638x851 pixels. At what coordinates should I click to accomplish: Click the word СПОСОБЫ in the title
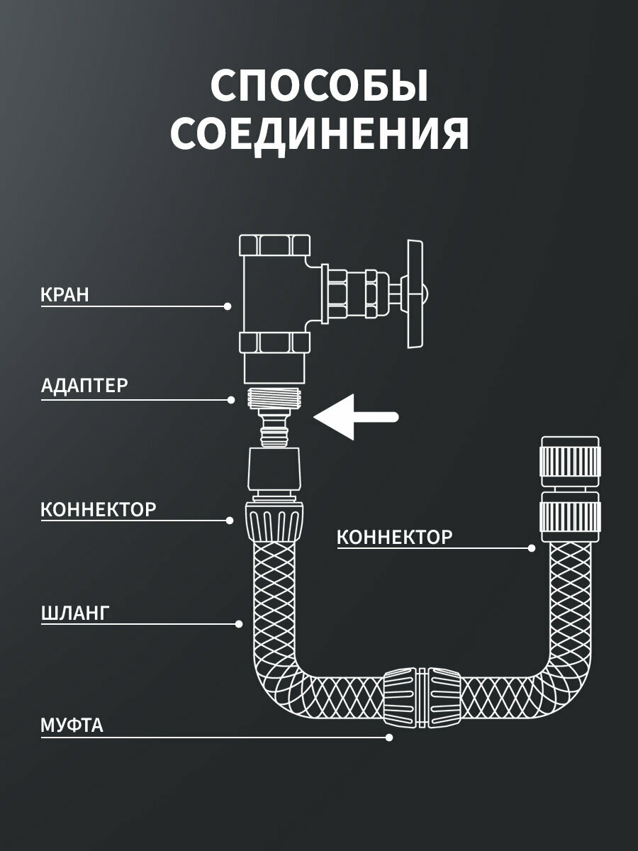[x=319, y=87]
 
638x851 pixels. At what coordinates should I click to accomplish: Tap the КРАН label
[x=65, y=295]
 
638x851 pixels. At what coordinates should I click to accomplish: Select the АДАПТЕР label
[x=84, y=386]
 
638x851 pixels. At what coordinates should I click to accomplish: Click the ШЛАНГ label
[x=74, y=613]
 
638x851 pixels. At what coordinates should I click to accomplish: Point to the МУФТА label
[x=72, y=725]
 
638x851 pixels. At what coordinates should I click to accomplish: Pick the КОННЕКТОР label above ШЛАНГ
[x=99, y=509]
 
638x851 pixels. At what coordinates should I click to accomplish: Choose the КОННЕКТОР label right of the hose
[x=394, y=537]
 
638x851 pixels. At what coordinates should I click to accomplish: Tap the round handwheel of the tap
[x=417, y=294]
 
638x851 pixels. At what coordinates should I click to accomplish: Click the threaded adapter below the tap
[x=274, y=397]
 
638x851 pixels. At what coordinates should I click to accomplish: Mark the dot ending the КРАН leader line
[x=228, y=306]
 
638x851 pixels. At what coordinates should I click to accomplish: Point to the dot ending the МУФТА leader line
[x=388, y=738]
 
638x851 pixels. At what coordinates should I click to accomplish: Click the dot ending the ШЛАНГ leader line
[x=238, y=624]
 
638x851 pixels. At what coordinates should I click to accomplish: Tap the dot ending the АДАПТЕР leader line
[x=231, y=400]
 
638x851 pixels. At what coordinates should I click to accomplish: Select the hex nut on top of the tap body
[x=274, y=246]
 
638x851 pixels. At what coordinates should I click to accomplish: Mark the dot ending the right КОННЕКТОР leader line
[x=532, y=547]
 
